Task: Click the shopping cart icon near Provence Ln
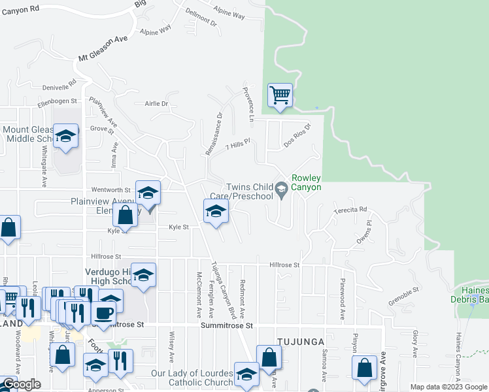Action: tap(280, 95)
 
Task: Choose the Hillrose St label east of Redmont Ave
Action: tap(284, 265)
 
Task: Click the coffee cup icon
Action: tap(103, 312)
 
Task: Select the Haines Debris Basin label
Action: tap(469, 295)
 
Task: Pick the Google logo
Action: tap(21, 384)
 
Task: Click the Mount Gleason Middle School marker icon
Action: tap(65, 135)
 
